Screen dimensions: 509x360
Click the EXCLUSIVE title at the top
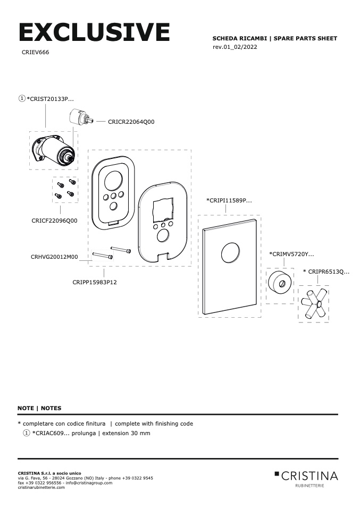94,32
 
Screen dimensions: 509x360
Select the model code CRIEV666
36,53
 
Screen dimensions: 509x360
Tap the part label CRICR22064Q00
131,122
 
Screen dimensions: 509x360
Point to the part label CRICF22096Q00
54,220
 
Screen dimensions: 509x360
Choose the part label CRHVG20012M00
54,257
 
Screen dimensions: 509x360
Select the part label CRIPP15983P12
95,282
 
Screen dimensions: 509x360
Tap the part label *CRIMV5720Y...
291,254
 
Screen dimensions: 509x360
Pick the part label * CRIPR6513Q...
326,272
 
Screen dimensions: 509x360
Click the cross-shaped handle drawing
314,304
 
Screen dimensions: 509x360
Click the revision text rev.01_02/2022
235,47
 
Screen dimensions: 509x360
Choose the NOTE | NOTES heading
39,408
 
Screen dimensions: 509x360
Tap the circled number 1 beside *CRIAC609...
27,433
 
